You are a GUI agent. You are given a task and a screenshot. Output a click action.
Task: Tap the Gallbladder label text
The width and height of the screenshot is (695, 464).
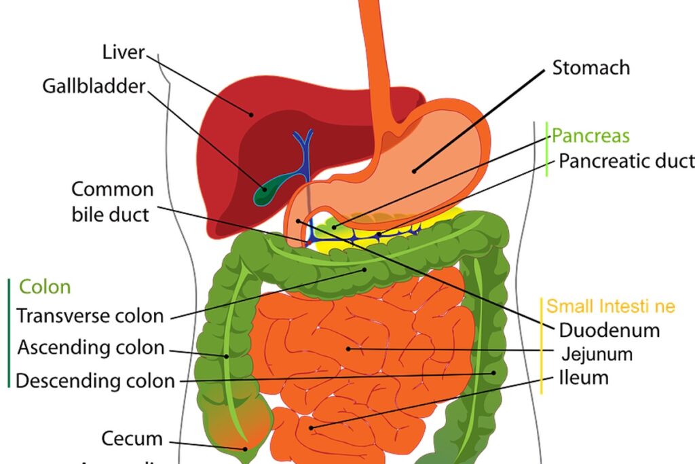[x=94, y=87]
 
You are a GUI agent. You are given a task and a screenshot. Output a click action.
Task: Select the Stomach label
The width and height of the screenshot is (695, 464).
[x=590, y=68]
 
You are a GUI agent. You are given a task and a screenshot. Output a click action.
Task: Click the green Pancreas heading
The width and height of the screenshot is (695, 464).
[x=590, y=136]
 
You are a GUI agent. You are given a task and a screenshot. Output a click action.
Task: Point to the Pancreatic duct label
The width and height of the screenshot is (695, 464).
[x=626, y=161]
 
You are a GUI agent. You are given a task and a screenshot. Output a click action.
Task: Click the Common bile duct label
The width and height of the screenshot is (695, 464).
[x=112, y=202]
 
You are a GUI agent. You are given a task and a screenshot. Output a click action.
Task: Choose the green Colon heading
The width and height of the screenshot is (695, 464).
[x=45, y=287]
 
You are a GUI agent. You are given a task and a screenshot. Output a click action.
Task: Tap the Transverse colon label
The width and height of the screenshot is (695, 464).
[x=90, y=316]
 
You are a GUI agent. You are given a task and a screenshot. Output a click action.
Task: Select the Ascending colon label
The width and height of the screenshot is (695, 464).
[x=91, y=348]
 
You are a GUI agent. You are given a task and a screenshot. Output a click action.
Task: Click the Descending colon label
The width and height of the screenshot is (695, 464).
[x=95, y=380]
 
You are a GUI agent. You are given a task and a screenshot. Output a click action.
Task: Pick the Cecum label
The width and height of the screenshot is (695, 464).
[x=132, y=438]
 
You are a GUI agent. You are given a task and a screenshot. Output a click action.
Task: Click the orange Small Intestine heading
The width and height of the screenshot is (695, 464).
[x=611, y=306]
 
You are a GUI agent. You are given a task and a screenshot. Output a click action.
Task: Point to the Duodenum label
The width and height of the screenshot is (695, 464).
[x=609, y=331]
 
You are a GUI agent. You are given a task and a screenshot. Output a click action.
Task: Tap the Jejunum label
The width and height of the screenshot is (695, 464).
[x=597, y=354]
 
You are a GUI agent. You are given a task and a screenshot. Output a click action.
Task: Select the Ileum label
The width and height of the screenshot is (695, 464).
[x=584, y=377]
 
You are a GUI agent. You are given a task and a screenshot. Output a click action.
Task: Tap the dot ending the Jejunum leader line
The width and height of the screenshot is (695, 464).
[x=347, y=349]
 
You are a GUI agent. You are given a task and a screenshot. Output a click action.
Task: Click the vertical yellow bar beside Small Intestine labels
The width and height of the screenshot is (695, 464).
[x=542, y=345]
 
